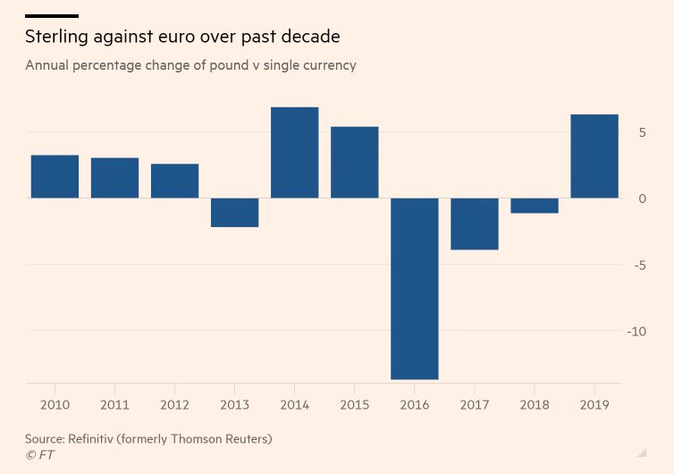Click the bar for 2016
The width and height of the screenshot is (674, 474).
(x=415, y=288)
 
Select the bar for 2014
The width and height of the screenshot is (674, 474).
(x=295, y=153)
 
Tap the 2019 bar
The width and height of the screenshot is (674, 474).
(x=594, y=157)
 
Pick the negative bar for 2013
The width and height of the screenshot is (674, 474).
(x=235, y=213)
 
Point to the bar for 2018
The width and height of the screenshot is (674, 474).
(x=535, y=206)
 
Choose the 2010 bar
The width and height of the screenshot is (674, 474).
(x=55, y=177)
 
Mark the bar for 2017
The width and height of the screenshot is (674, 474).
(x=475, y=224)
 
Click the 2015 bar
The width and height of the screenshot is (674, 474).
(x=355, y=163)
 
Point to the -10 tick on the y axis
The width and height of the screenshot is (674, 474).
(x=636, y=332)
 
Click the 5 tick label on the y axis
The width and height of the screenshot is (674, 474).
(x=642, y=132)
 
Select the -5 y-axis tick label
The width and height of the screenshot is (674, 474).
(x=640, y=265)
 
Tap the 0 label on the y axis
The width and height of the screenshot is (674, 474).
(x=642, y=199)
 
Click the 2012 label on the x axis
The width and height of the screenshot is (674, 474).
(x=175, y=405)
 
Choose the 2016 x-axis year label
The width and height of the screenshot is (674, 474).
(x=415, y=405)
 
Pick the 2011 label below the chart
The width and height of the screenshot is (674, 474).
(x=115, y=405)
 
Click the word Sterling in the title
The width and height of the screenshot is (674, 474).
(x=58, y=38)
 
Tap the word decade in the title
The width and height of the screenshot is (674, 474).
(x=308, y=38)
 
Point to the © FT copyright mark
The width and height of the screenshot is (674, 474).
(x=40, y=455)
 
